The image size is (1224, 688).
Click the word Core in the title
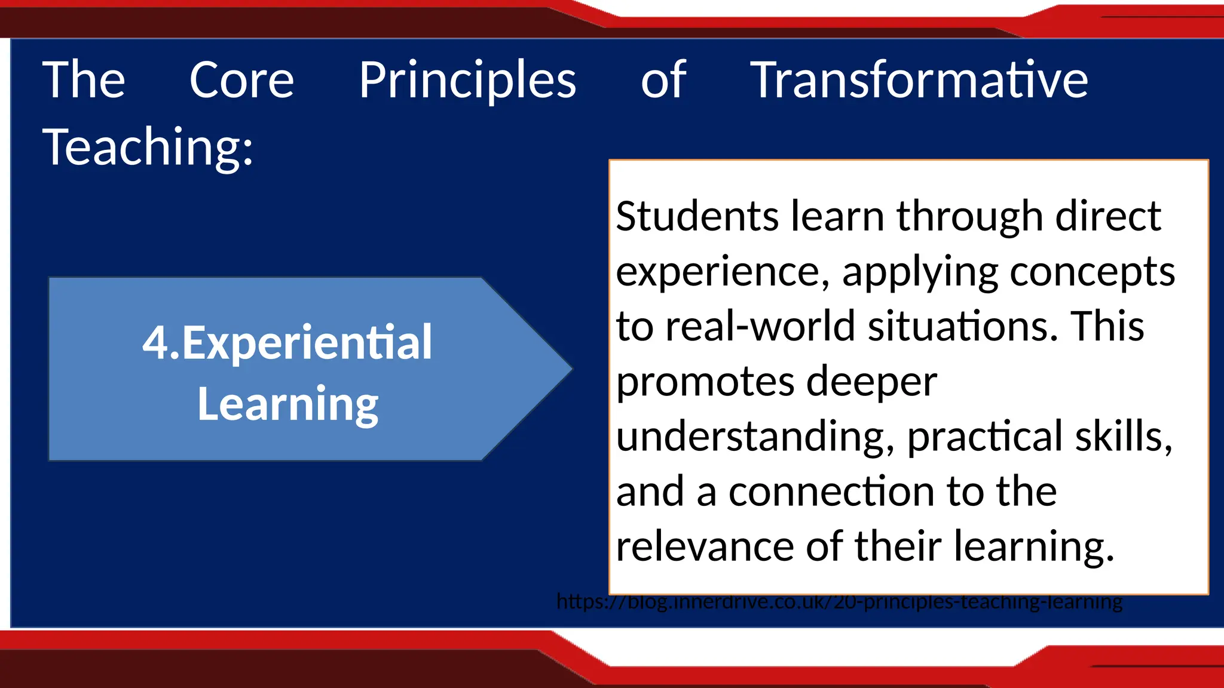[x=241, y=80]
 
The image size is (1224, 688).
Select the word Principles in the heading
[x=467, y=81]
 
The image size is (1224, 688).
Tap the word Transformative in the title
[x=919, y=80]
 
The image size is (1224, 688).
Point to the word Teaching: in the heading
[x=148, y=147]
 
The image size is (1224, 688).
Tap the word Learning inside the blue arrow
[x=287, y=404]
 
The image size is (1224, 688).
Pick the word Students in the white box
[x=697, y=216]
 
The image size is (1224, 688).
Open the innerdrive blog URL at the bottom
[x=839, y=601]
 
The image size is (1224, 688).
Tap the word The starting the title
[x=84, y=80]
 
